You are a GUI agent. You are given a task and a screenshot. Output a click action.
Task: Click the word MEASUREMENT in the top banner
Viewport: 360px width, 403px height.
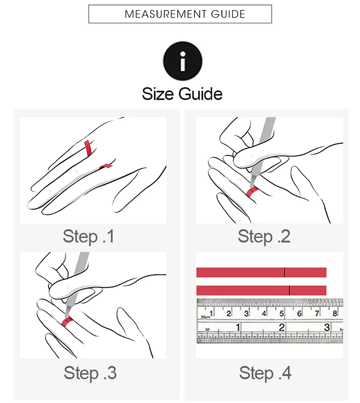point(165,14)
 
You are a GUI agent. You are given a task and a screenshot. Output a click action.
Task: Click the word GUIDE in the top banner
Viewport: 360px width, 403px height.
point(228,14)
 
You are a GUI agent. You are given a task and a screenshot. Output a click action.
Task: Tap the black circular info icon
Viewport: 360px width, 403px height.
point(183,61)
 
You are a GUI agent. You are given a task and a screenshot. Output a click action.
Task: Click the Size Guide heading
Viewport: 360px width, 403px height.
point(182,94)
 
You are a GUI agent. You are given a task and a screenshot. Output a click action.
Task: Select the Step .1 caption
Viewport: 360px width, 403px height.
point(89,237)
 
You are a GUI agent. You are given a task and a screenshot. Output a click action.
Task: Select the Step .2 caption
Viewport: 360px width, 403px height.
point(264,237)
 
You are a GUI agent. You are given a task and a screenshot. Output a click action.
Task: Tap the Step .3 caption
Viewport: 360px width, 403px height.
point(90,373)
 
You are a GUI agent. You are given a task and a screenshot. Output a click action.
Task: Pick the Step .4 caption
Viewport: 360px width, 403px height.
point(265,373)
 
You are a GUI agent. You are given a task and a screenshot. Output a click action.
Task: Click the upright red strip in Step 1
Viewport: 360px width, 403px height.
point(88,148)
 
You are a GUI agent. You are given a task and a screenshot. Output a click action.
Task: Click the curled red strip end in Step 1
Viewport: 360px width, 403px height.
point(106,166)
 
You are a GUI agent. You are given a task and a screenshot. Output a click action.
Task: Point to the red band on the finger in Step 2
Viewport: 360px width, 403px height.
point(252,192)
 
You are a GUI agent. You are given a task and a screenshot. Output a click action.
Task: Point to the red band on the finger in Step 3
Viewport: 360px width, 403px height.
point(67,322)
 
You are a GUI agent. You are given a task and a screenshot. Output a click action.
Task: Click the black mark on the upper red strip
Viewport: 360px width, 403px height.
point(285,273)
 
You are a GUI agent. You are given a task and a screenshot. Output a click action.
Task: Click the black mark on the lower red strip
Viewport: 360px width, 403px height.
point(289,291)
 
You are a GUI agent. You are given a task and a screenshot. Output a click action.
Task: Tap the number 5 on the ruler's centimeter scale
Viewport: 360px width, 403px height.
point(282,314)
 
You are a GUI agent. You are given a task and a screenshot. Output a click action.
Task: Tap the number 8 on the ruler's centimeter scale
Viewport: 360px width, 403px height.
point(335,313)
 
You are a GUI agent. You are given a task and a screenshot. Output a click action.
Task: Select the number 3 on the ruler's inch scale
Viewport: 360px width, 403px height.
point(327,327)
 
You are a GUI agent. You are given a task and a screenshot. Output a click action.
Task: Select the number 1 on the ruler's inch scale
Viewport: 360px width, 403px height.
point(238,327)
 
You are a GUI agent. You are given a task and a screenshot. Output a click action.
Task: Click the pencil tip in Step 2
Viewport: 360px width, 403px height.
point(251,186)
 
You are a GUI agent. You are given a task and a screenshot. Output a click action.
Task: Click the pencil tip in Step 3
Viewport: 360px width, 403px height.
point(67,316)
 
